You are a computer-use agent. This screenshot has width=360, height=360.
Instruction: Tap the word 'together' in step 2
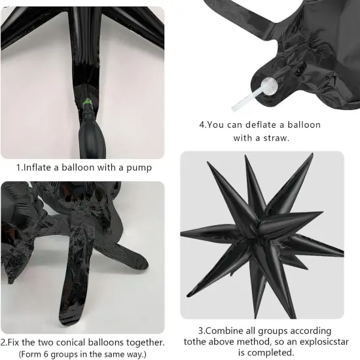pos(143,342)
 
